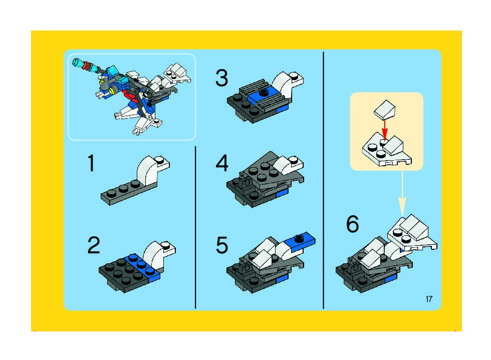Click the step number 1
pos(91,163)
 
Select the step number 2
pos(94,245)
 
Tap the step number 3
pos(221,78)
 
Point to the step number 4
pos(222,163)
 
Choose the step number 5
pos(222,245)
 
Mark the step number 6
pos(352,224)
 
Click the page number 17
pos(429,299)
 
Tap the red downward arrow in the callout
pos(385,130)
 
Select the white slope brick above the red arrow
pos(385,109)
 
